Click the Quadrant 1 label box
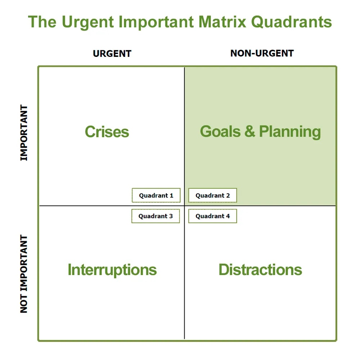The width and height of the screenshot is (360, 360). pyautogui.click(x=156, y=195)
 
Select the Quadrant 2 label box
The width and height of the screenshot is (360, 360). pyautogui.click(x=212, y=195)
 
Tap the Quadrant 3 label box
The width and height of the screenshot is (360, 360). pyautogui.click(x=156, y=216)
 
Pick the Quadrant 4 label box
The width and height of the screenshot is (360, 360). pyautogui.click(x=212, y=216)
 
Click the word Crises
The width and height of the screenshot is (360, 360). pyautogui.click(x=107, y=132)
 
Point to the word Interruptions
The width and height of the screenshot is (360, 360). pyautogui.click(x=112, y=270)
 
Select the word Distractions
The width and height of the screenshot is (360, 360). pyautogui.click(x=260, y=270)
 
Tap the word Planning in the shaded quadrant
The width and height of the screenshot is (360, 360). pyautogui.click(x=290, y=132)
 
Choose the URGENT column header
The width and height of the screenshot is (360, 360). pyautogui.click(x=112, y=54)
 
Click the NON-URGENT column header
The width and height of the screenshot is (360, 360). pyautogui.click(x=262, y=53)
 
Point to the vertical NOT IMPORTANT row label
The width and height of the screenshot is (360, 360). pyautogui.click(x=24, y=274)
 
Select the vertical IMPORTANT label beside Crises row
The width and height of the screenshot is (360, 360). pyautogui.click(x=24, y=133)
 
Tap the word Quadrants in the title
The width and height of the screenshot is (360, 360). pyautogui.click(x=291, y=22)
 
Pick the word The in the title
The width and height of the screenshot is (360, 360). pyautogui.click(x=42, y=22)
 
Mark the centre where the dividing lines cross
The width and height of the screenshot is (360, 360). pyautogui.click(x=184, y=206)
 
